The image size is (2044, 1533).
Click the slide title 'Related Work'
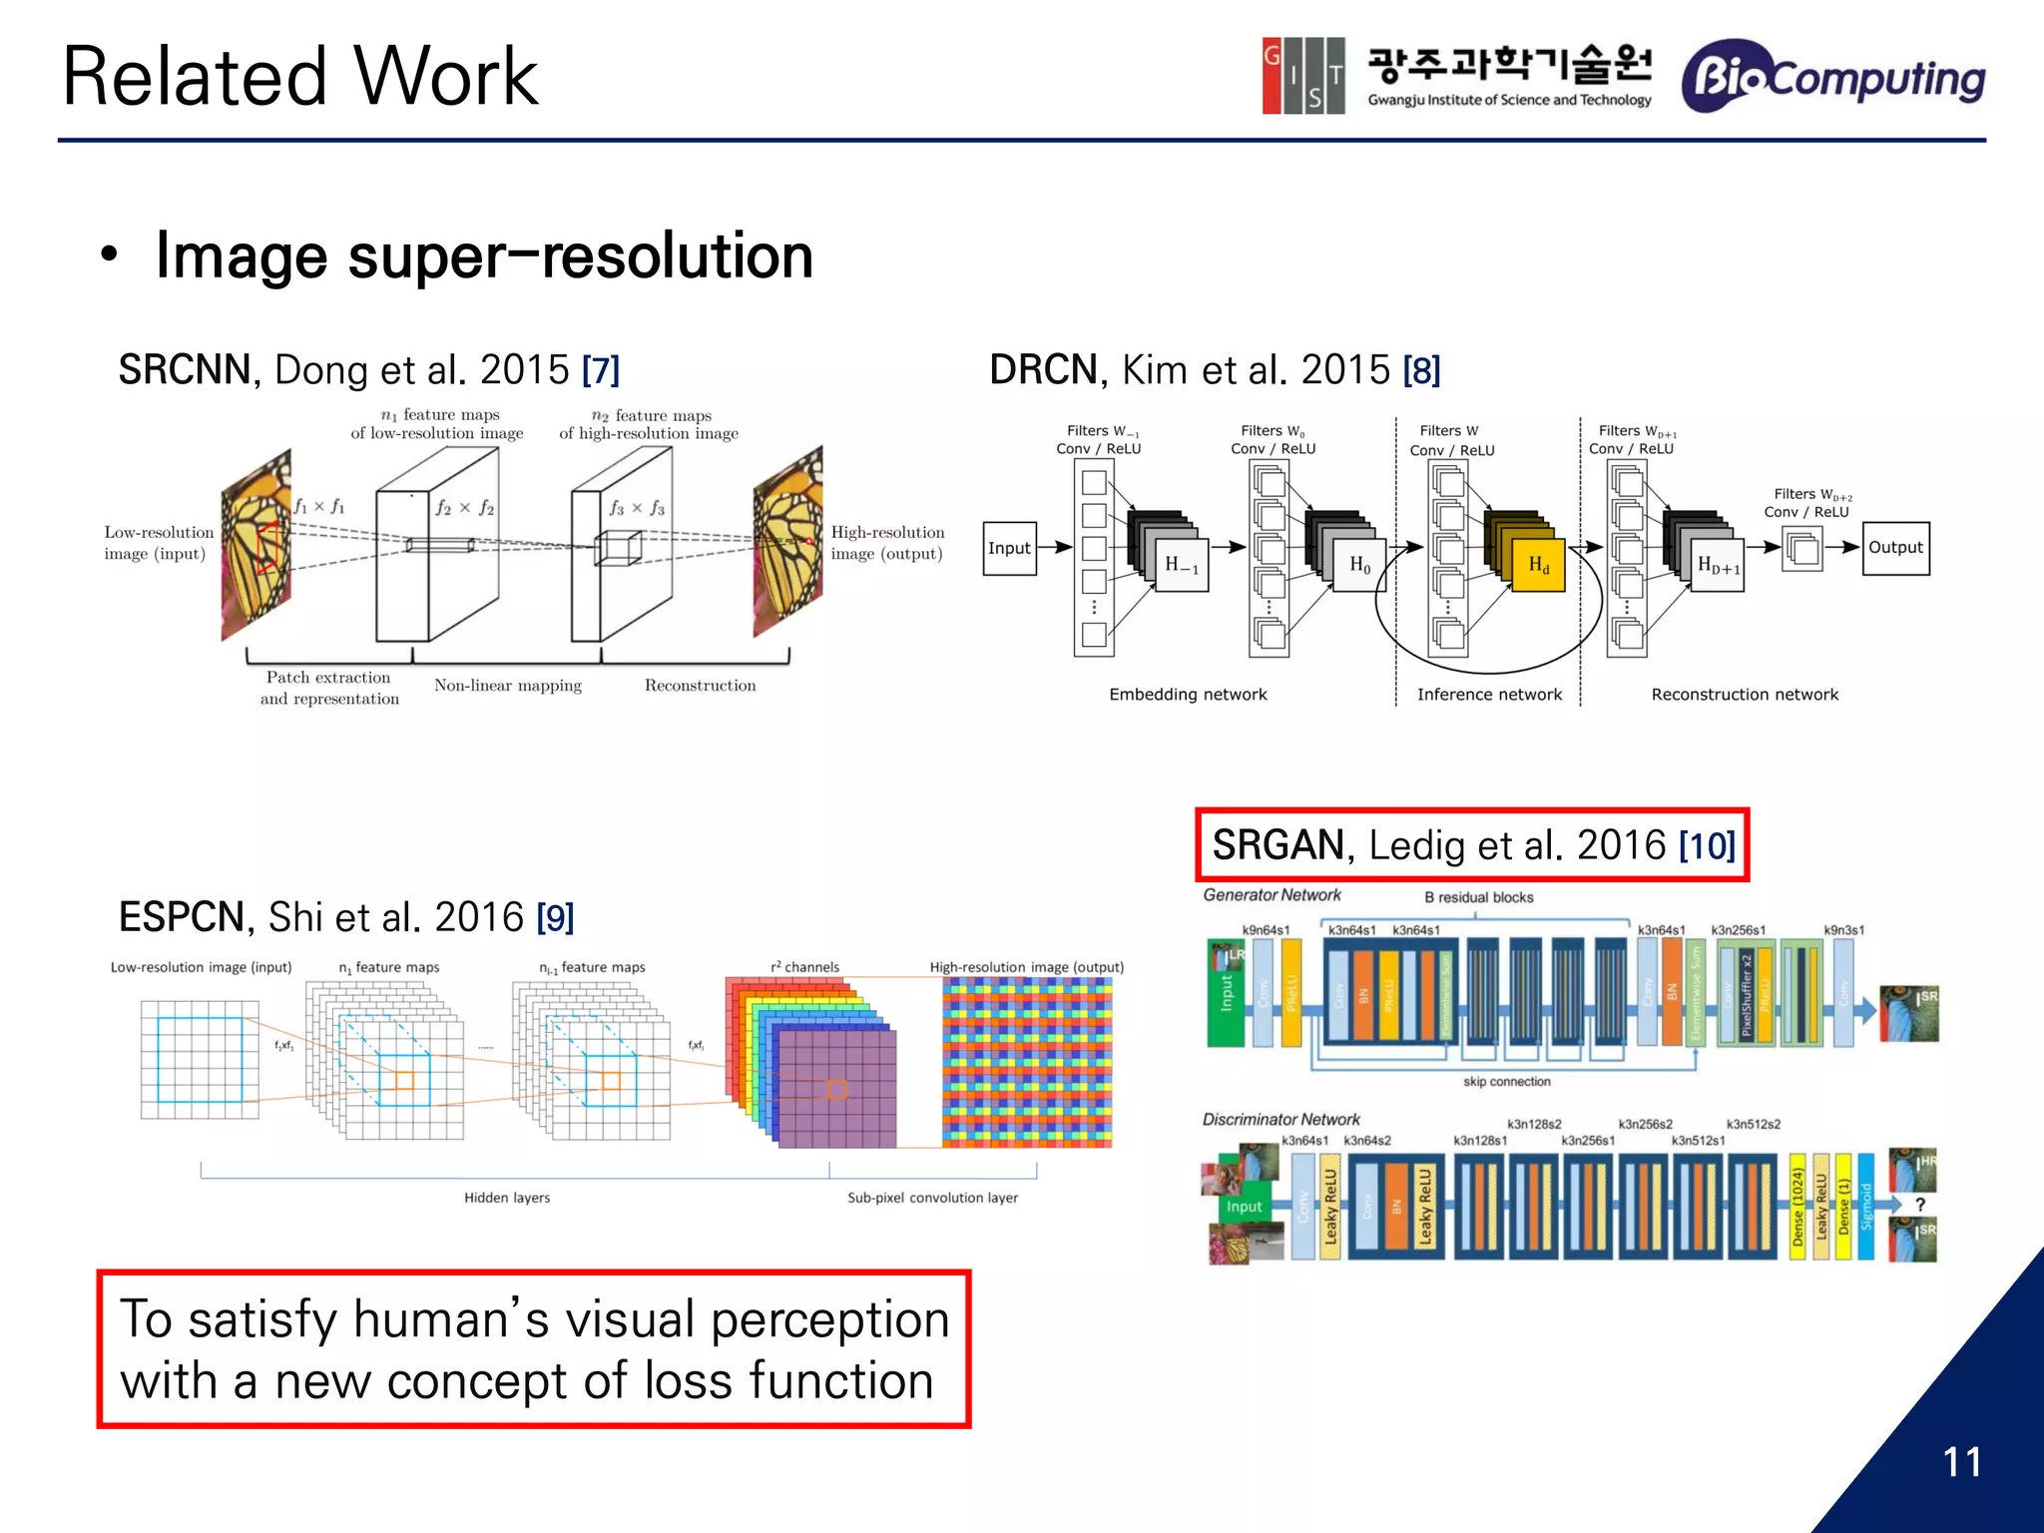(x=299, y=77)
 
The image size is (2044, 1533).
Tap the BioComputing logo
(x=1832, y=78)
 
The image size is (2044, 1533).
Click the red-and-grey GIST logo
(x=1302, y=76)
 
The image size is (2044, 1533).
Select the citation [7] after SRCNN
(x=601, y=371)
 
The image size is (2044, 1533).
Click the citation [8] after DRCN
(x=1421, y=371)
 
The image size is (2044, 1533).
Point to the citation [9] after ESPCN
(x=555, y=917)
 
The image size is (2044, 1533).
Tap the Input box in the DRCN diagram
(x=1009, y=548)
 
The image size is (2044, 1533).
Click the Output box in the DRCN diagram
(x=1894, y=548)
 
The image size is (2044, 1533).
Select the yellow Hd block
(x=1538, y=566)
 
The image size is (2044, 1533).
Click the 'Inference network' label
(x=1489, y=695)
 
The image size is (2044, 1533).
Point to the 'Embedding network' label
(x=1188, y=695)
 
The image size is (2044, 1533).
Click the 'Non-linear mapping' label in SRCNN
(x=507, y=686)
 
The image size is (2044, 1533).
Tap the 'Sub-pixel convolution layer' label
(x=932, y=1198)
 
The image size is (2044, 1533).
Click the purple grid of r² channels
(x=836, y=1088)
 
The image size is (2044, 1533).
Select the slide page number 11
(x=1961, y=1462)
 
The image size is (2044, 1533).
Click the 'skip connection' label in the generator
(x=1506, y=1082)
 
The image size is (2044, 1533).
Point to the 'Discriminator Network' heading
(x=1280, y=1120)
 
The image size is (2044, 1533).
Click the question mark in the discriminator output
(x=1919, y=1205)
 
